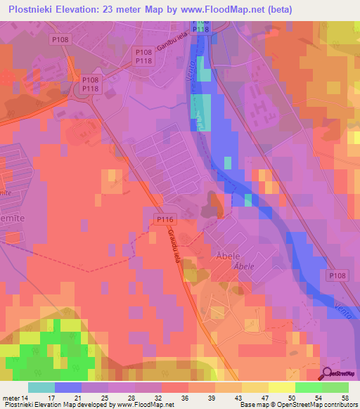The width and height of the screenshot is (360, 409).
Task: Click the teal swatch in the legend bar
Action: pos(41,387)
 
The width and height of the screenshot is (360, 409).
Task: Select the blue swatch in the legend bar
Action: pos(68,387)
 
